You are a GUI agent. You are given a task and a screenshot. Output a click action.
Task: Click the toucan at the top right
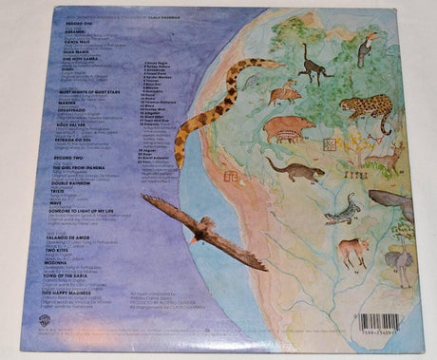(x=366, y=47)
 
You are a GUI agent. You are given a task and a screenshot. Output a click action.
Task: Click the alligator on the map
(x=342, y=209)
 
